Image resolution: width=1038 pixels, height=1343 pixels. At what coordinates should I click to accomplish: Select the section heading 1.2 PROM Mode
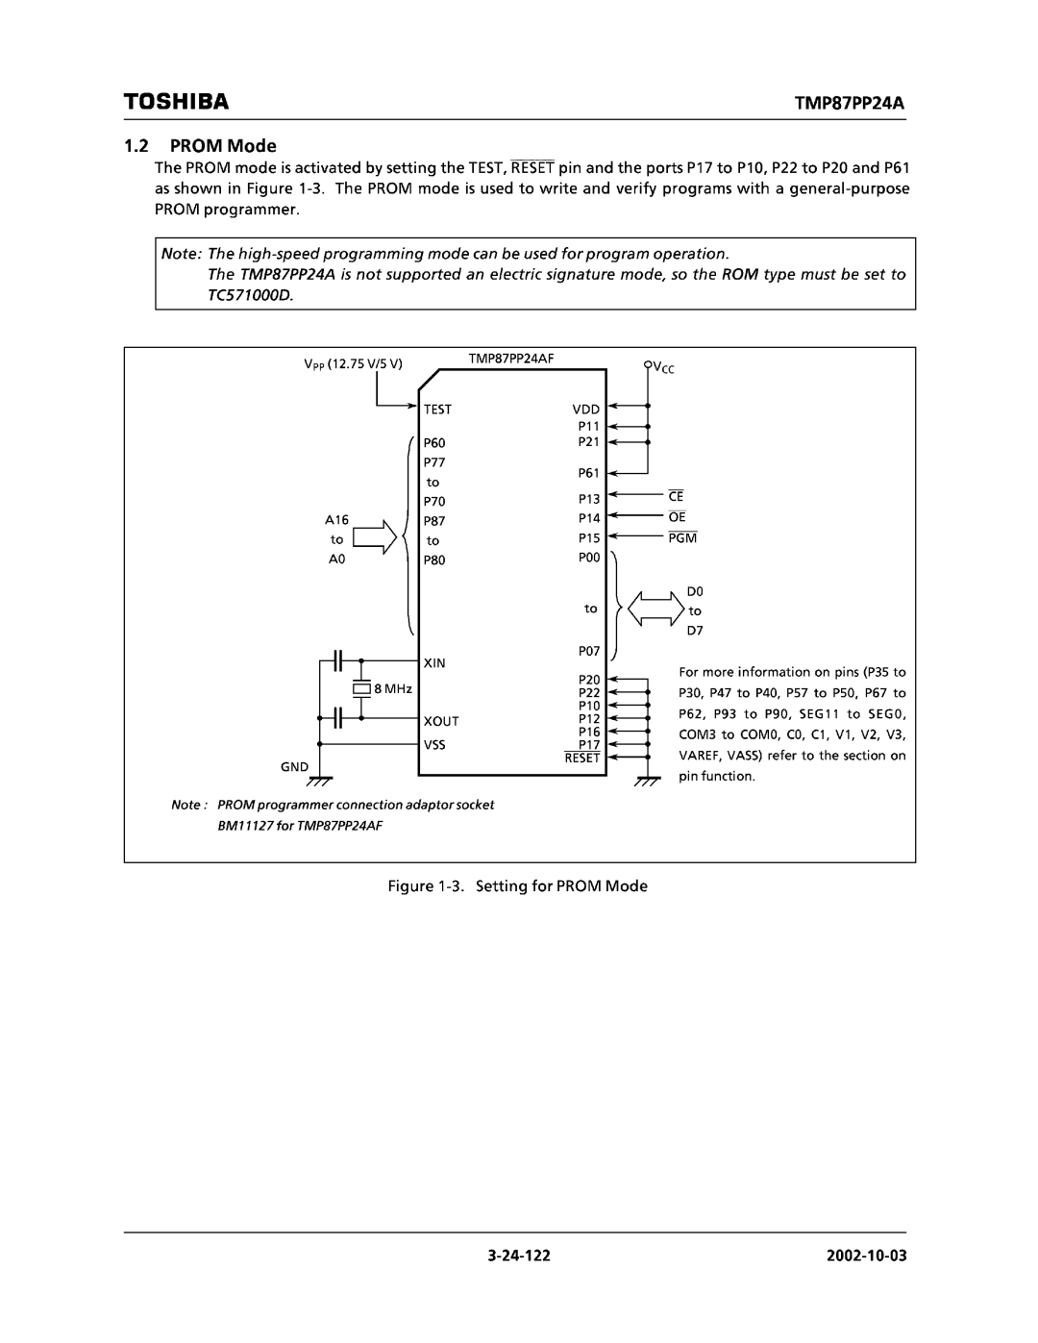pyautogui.click(x=200, y=146)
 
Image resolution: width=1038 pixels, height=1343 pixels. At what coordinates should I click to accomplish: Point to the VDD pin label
pyautogui.click(x=586, y=410)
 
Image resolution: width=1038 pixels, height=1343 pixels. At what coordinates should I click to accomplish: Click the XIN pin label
pyautogui.click(x=432, y=663)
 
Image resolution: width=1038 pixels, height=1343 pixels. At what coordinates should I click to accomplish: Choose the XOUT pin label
pyautogui.click(x=439, y=720)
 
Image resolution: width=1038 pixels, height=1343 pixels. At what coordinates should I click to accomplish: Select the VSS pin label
pyautogui.click(x=433, y=745)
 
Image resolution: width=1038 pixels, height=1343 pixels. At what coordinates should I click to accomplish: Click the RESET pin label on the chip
pyautogui.click(x=582, y=759)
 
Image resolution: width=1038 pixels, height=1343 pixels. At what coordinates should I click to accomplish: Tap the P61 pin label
pyautogui.click(x=588, y=473)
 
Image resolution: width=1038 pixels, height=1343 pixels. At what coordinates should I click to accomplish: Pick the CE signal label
pyautogui.click(x=676, y=497)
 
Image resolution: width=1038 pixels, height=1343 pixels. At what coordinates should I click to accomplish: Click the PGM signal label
pyautogui.click(x=683, y=538)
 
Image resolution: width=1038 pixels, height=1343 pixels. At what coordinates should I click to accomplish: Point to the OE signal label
pyautogui.click(x=678, y=517)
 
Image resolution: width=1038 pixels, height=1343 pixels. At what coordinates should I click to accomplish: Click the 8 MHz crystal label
pyautogui.click(x=392, y=689)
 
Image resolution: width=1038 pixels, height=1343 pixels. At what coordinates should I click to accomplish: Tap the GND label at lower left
pyautogui.click(x=294, y=767)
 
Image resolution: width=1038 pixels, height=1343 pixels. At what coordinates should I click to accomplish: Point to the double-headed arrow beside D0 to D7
pyautogui.click(x=655, y=609)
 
